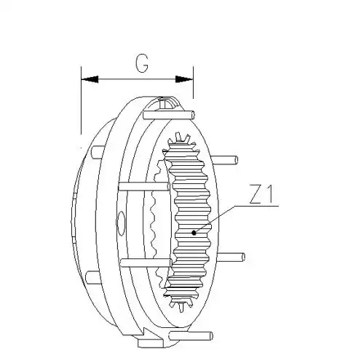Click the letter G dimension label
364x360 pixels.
click(x=142, y=63)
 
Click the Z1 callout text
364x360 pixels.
click(x=261, y=194)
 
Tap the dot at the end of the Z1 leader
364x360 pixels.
click(x=194, y=233)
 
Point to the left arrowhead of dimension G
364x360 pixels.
click(x=90, y=79)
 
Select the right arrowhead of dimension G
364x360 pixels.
click(x=184, y=79)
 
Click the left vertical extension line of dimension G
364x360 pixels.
click(x=81, y=100)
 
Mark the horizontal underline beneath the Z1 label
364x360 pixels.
click(x=256, y=206)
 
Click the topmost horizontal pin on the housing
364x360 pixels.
click(x=169, y=115)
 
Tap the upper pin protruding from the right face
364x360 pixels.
click(x=224, y=160)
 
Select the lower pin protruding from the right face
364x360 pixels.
click(x=231, y=257)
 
